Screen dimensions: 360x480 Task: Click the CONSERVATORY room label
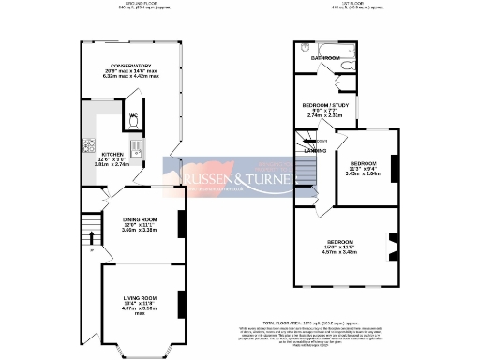[x=131, y=66]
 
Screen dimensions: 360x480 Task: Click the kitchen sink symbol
[x=134, y=145]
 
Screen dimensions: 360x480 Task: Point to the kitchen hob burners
[x=89, y=145]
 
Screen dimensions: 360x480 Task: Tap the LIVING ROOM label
[x=138, y=300]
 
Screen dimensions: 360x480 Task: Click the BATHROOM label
[x=325, y=58]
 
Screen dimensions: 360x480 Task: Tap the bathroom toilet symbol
[x=345, y=68]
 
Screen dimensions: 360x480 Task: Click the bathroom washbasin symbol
[x=307, y=47]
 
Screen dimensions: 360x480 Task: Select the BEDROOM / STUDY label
[x=324, y=105]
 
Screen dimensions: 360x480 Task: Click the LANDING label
[x=315, y=150]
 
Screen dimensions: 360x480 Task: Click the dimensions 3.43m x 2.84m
[x=365, y=172]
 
